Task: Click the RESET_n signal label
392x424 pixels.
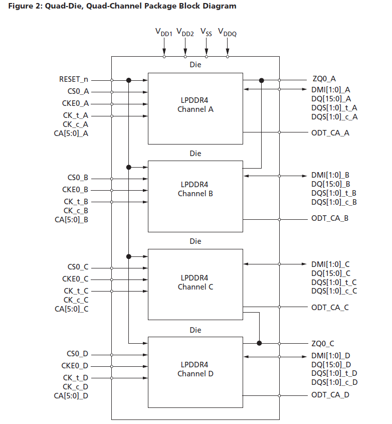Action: (x=74, y=80)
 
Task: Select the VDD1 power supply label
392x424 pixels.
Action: (x=163, y=33)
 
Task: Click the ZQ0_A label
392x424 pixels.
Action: (x=323, y=80)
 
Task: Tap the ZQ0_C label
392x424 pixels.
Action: (x=323, y=344)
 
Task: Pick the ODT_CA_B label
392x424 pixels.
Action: (x=330, y=219)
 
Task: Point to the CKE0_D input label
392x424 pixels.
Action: (x=75, y=366)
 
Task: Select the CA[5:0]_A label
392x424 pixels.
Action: (x=72, y=133)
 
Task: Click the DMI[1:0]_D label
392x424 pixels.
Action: (x=331, y=355)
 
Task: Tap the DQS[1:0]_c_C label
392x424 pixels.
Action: (x=334, y=291)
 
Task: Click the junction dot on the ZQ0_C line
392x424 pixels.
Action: (x=259, y=343)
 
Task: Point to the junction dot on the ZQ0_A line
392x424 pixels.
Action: (x=261, y=80)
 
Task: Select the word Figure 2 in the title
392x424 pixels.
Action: (x=24, y=6)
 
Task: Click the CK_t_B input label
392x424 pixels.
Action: (x=76, y=202)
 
